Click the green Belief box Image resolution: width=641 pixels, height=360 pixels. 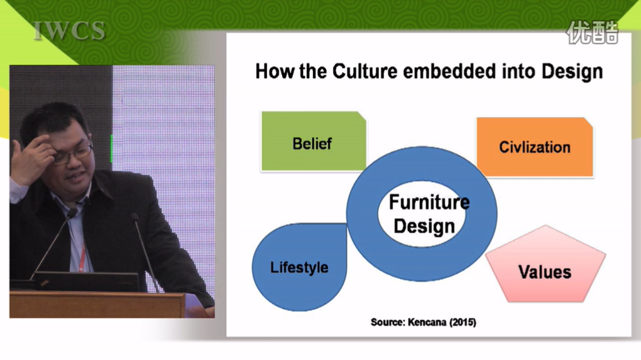[x=314, y=141]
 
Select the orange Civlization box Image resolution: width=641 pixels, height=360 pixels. [x=535, y=147]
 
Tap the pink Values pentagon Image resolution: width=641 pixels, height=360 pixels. [x=545, y=265]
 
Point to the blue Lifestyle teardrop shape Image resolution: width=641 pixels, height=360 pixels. [x=299, y=267]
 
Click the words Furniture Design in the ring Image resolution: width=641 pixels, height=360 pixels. [x=427, y=214]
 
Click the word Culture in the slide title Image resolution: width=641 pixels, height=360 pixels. [x=364, y=71]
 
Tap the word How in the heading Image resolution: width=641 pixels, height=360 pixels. [x=275, y=71]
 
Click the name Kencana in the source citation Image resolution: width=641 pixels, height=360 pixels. [x=427, y=322]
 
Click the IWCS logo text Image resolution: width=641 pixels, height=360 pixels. [x=69, y=31]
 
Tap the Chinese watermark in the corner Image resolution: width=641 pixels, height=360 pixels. [x=593, y=32]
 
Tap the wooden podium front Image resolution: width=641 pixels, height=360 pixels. [x=97, y=305]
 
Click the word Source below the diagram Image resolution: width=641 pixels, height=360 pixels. [x=387, y=322]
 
